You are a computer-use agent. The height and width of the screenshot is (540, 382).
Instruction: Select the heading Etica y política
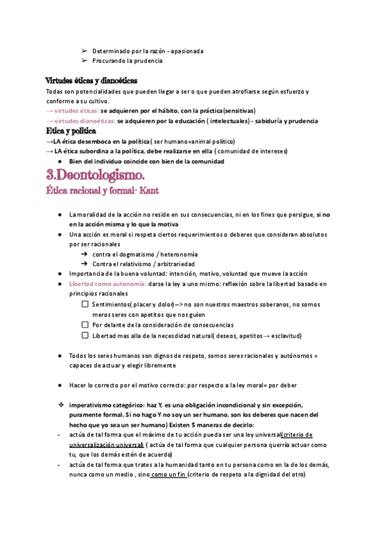(x=71, y=131)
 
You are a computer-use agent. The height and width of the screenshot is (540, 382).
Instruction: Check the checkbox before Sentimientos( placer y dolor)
(x=85, y=304)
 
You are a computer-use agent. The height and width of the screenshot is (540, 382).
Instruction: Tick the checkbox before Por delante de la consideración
(x=85, y=325)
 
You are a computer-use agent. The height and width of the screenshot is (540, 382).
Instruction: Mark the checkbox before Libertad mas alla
(x=85, y=336)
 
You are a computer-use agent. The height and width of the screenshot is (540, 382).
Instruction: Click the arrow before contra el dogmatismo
(x=84, y=253)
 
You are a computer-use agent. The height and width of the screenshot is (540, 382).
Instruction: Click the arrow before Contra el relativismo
(x=84, y=264)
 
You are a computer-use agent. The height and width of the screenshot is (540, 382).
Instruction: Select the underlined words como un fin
(x=169, y=475)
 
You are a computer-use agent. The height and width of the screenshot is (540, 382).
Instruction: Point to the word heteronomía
(x=177, y=253)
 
